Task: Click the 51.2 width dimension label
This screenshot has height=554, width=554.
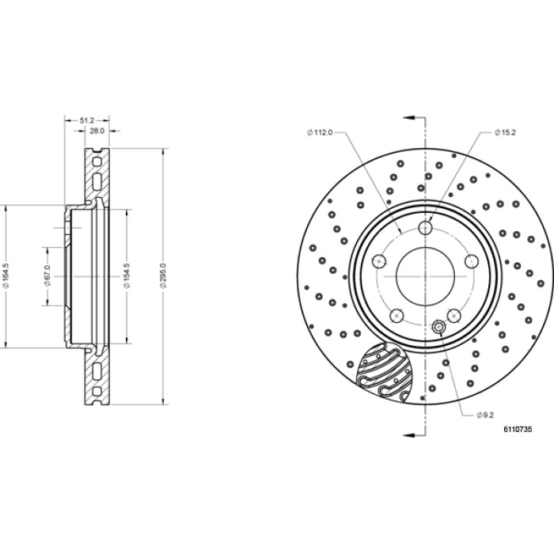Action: click(x=86, y=120)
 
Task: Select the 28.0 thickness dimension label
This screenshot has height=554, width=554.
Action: click(x=97, y=131)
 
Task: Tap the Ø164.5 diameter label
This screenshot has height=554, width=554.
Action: click(x=6, y=275)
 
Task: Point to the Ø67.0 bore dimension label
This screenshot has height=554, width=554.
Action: click(x=47, y=275)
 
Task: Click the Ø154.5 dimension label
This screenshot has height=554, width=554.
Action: click(x=127, y=275)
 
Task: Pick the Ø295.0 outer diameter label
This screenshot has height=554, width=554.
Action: click(x=163, y=275)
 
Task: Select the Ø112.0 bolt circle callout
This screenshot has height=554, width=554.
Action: click(x=320, y=132)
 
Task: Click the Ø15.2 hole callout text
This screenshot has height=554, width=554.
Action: click(x=505, y=132)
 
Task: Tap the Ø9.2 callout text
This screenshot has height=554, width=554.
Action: click(x=485, y=415)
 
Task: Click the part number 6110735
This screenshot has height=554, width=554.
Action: click(x=518, y=429)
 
